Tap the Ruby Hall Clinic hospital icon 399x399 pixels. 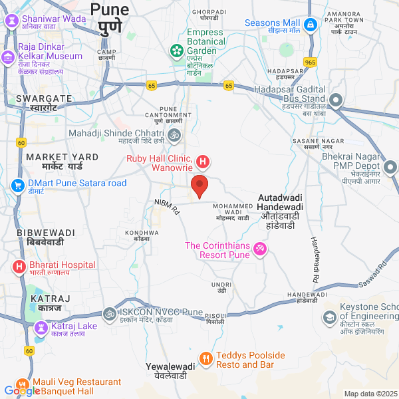point(203,162)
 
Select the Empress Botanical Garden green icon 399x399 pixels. point(177,50)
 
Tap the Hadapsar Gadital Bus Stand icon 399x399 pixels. point(336,101)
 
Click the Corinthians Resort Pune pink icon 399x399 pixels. point(261,249)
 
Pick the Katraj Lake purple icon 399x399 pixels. point(41,327)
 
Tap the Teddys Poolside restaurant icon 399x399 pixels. point(206,360)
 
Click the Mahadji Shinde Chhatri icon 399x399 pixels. point(174,136)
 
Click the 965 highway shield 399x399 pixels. point(310,62)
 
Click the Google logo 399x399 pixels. point(23,391)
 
